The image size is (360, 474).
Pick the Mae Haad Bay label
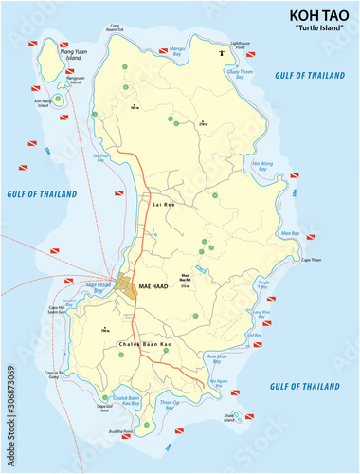pos(99,284)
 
